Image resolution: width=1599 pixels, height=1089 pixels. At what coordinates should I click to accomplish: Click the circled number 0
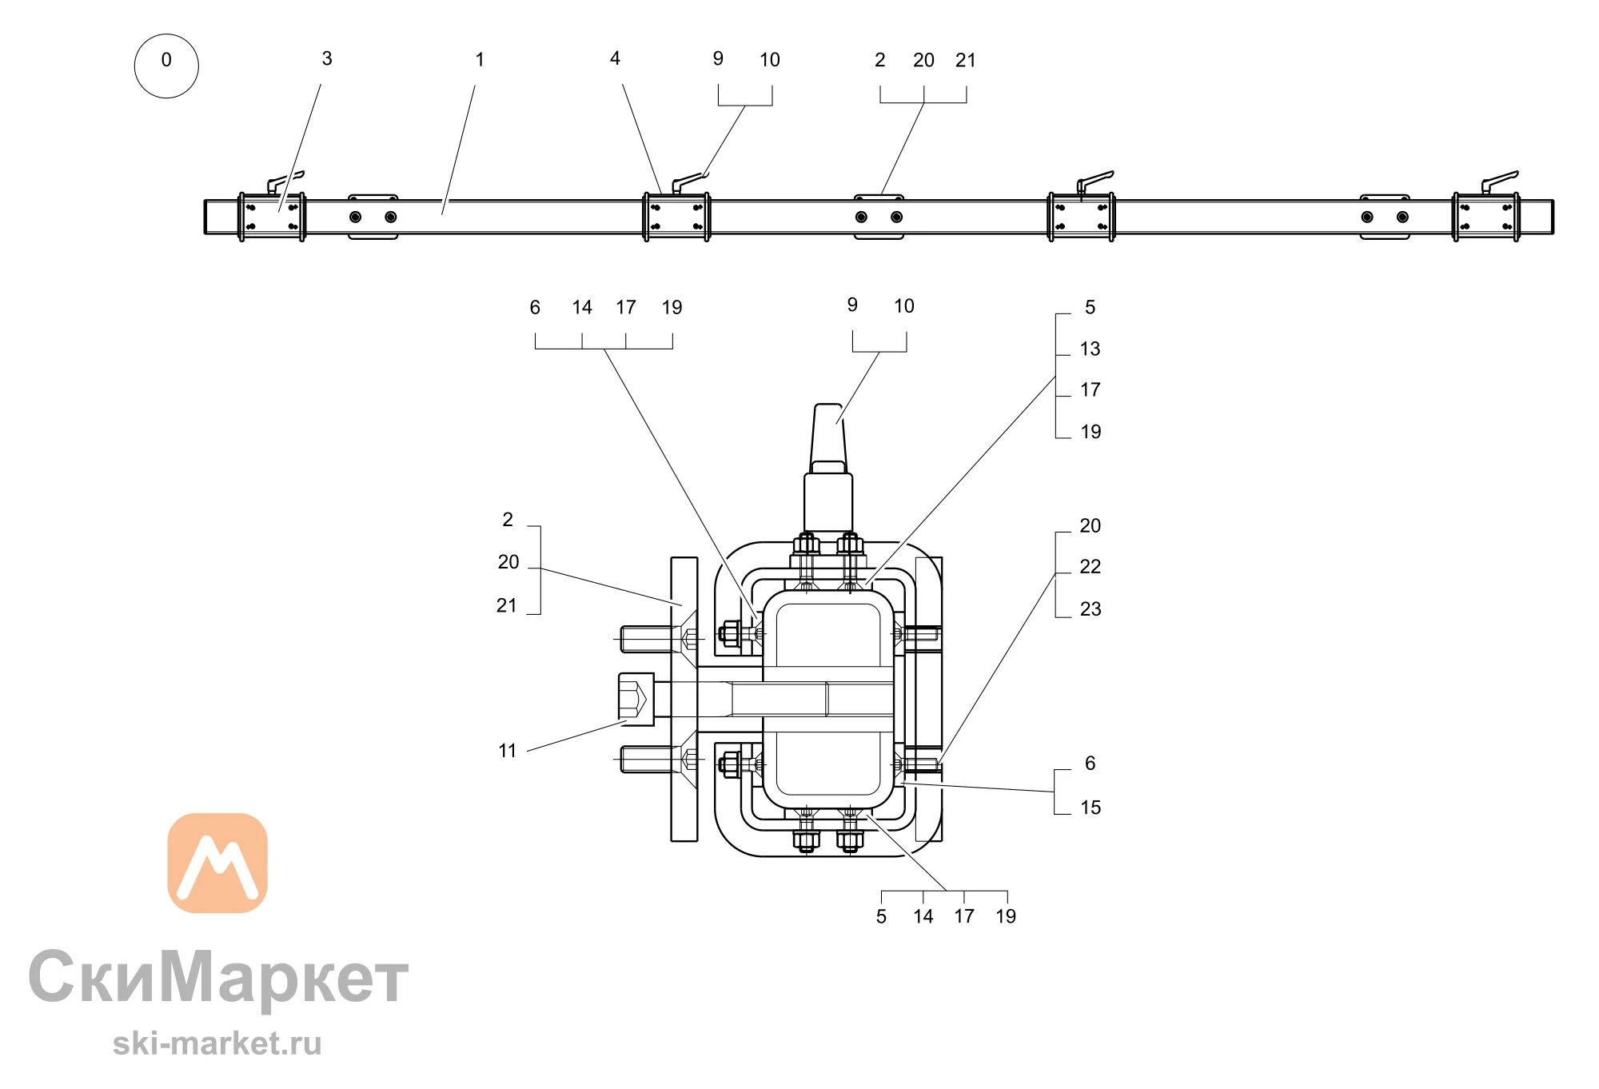(x=166, y=66)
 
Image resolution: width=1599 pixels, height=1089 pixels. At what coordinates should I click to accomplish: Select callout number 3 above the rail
(x=327, y=58)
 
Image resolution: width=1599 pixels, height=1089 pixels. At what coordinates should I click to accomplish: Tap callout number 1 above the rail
(x=480, y=59)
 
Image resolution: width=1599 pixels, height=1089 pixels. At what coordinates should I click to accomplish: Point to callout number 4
(x=615, y=58)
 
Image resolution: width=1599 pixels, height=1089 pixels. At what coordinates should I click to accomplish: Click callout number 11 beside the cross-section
(x=508, y=751)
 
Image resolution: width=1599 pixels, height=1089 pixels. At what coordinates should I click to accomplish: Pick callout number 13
(x=1090, y=349)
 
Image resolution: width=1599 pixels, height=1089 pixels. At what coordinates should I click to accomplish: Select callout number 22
(x=1090, y=567)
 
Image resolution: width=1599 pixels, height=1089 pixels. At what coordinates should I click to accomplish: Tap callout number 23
(x=1091, y=609)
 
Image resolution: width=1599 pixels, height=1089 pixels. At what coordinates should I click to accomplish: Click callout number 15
(x=1091, y=808)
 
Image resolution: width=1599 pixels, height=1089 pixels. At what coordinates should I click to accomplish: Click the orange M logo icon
(x=217, y=863)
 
